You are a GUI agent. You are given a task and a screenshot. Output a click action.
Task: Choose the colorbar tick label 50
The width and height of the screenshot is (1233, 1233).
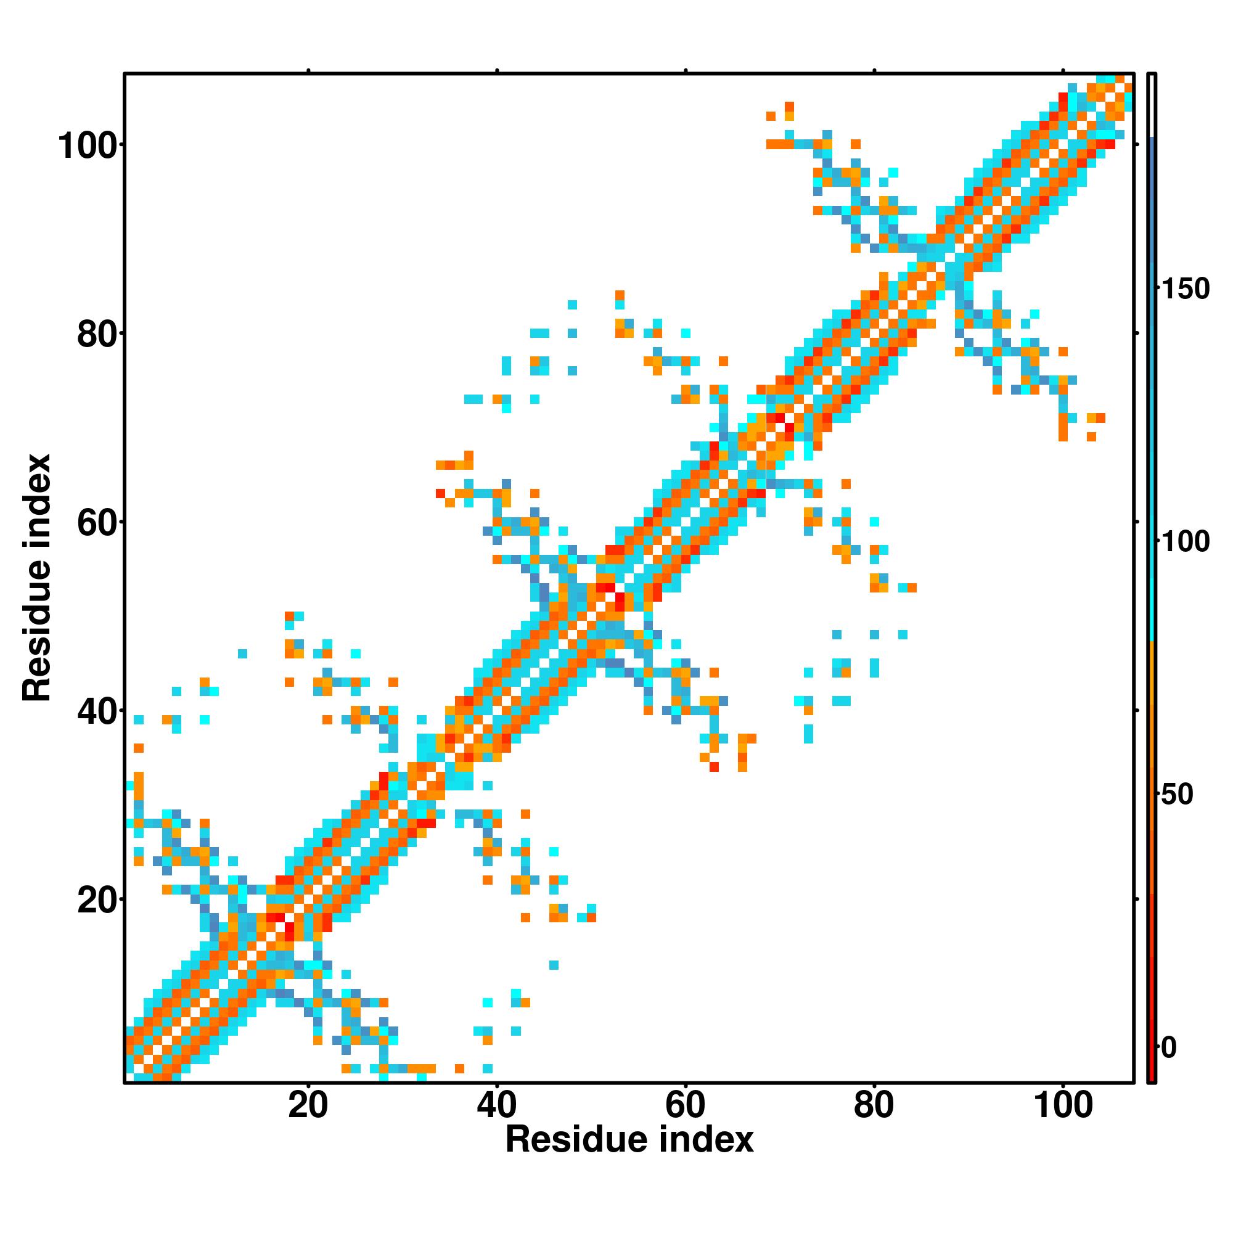[1177, 795]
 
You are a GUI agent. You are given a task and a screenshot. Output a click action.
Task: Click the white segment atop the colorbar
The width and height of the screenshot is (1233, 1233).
[1152, 105]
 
